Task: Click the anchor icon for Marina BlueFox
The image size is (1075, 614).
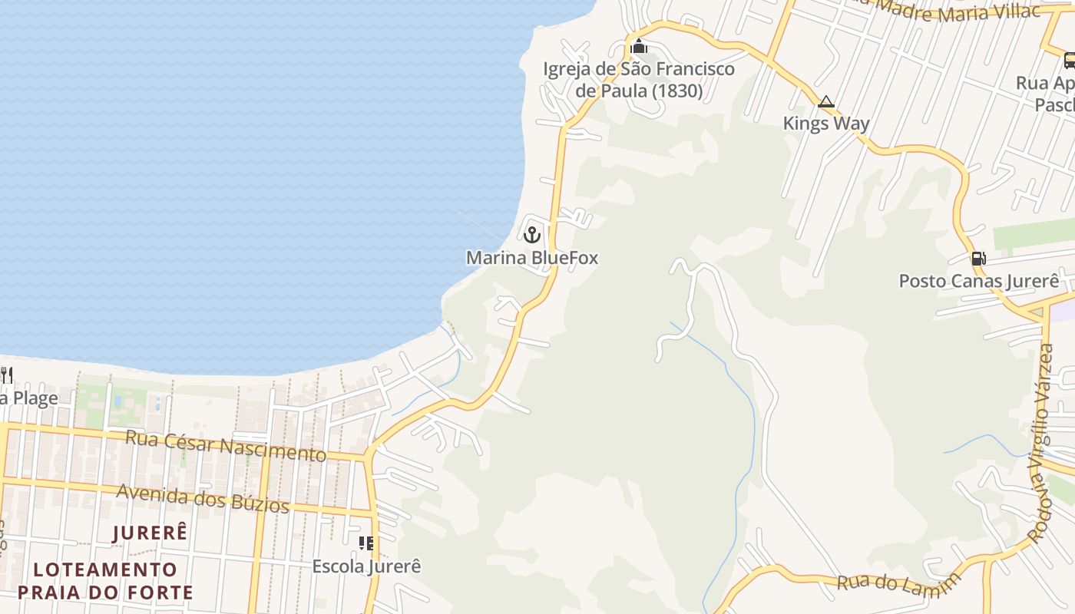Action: point(532,235)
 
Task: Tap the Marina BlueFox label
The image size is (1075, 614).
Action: point(532,258)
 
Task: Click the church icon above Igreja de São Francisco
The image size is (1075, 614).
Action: point(638,47)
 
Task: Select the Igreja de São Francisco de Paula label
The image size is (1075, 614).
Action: point(639,80)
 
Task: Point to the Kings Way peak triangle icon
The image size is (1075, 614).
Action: point(826,101)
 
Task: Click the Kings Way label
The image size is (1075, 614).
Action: point(826,124)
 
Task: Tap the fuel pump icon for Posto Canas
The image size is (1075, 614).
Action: point(978,259)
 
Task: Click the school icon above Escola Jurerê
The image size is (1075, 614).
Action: point(366,543)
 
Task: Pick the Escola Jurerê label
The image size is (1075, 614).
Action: point(366,566)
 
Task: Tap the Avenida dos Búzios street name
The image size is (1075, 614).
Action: point(203,498)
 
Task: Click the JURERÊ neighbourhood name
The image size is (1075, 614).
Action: point(150,533)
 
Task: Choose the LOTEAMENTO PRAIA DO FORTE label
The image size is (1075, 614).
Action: point(105,581)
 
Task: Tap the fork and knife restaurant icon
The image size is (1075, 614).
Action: point(6,375)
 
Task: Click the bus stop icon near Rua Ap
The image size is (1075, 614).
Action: point(1070,60)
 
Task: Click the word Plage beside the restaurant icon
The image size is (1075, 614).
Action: point(35,398)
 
